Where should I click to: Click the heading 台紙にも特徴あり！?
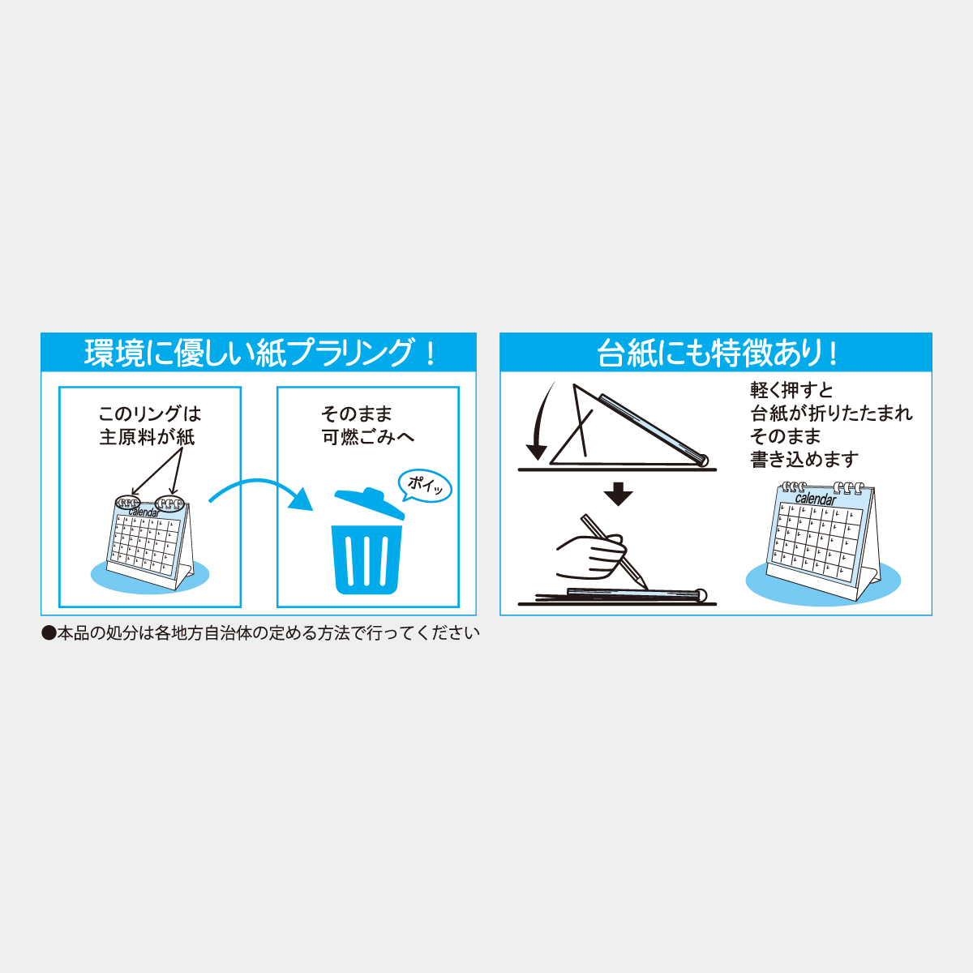(x=717, y=353)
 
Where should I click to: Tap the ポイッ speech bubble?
(x=425, y=486)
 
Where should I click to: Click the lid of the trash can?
(x=370, y=503)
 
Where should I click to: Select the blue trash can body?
(x=366, y=559)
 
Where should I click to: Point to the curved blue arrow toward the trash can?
(x=258, y=482)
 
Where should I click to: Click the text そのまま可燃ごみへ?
(x=367, y=426)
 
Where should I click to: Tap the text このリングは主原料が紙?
(x=150, y=426)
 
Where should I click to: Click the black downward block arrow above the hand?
(x=618, y=494)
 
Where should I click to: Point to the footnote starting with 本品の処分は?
(x=268, y=633)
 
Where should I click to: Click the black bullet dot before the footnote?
(x=49, y=634)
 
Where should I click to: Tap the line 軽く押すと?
(x=791, y=390)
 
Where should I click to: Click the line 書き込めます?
(x=804, y=460)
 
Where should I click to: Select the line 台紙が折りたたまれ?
(x=831, y=414)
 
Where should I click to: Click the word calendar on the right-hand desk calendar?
(x=816, y=499)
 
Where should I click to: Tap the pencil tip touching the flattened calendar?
(x=647, y=588)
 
